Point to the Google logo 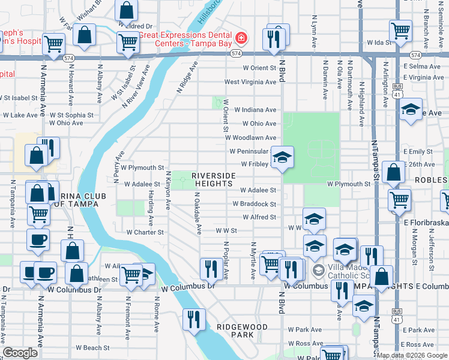pyautogui.click(x=20, y=353)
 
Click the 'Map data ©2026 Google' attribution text pyautogui.click(x=412, y=355)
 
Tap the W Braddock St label pyautogui.click(x=255, y=204)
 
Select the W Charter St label pyautogui.click(x=145, y=232)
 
